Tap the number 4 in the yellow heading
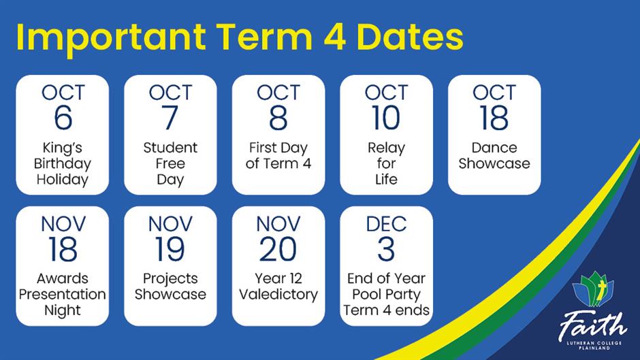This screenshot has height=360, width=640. (335, 37)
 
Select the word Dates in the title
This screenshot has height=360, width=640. (410, 37)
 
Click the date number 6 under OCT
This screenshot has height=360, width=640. (63, 118)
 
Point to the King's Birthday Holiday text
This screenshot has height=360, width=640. (63, 163)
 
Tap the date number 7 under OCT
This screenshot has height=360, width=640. (170, 118)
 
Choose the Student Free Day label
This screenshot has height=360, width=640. (170, 163)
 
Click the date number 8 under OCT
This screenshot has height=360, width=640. (278, 118)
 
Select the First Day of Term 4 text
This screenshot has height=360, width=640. (278, 156)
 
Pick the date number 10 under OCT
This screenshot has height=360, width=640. (386, 118)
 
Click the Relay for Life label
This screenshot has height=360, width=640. (386, 163)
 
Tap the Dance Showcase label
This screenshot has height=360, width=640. (494, 156)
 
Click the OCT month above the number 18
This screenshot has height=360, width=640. (494, 93)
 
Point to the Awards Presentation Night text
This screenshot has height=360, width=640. (63, 294)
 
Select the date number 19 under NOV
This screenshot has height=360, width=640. (170, 249)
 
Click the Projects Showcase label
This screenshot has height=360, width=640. (170, 287)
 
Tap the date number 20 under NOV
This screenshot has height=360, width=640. (278, 249)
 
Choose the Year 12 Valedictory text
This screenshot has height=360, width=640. (278, 287)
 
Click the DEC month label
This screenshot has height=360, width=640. (386, 224)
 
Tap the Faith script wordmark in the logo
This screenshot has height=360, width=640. (592, 325)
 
